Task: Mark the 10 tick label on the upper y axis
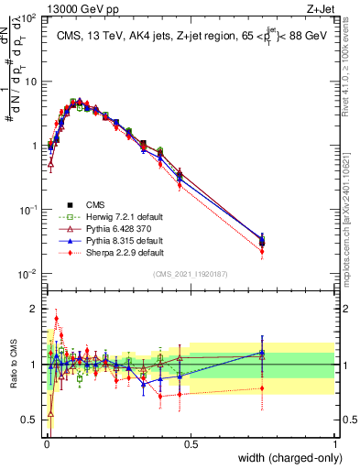(31, 82)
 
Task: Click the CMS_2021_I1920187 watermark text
(190, 274)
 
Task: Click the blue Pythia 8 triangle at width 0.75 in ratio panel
(263, 354)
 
